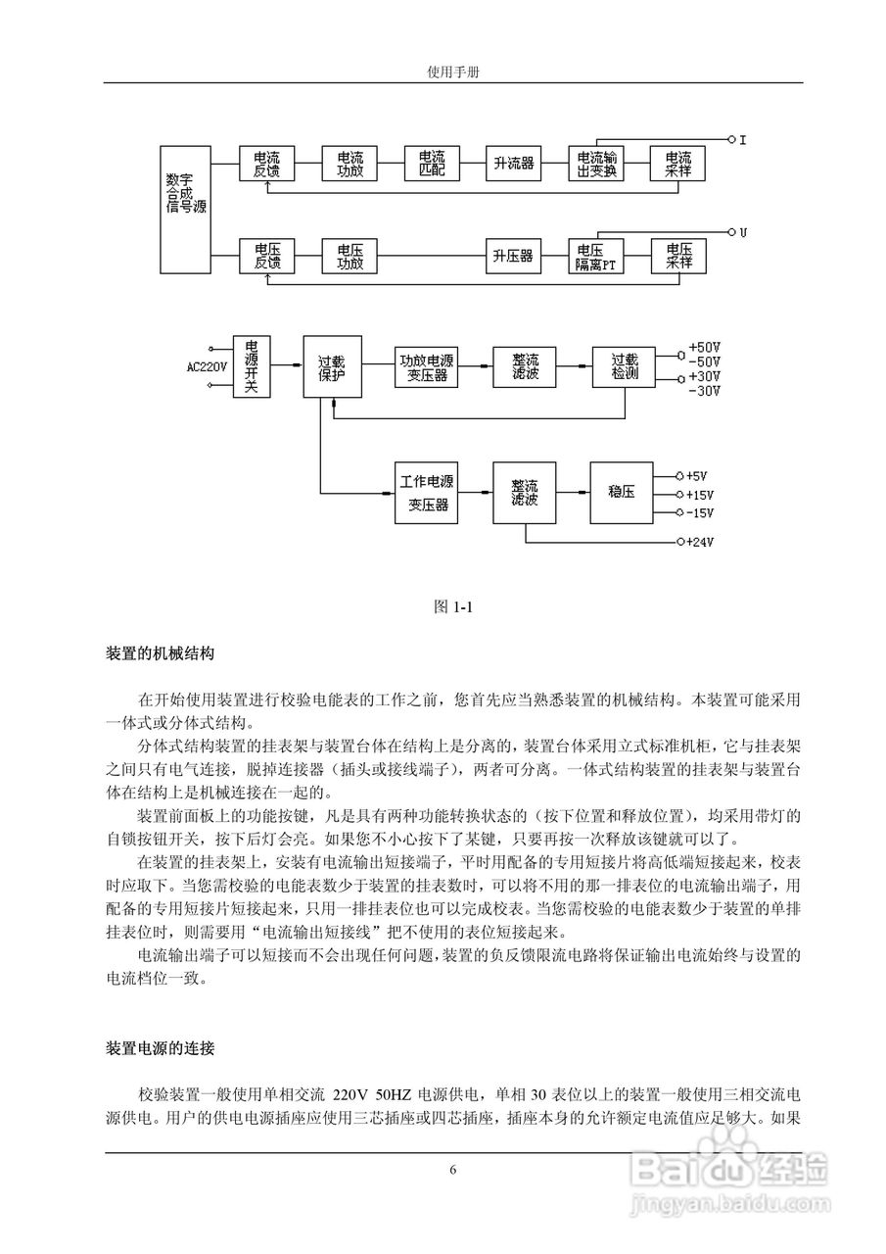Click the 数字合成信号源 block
185,209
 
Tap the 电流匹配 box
432,165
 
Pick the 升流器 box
513,165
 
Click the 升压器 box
513,257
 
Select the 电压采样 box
678,257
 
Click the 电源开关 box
252,366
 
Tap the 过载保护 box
332,366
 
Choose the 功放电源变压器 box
423,366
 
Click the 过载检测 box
625,366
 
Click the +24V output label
699,542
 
